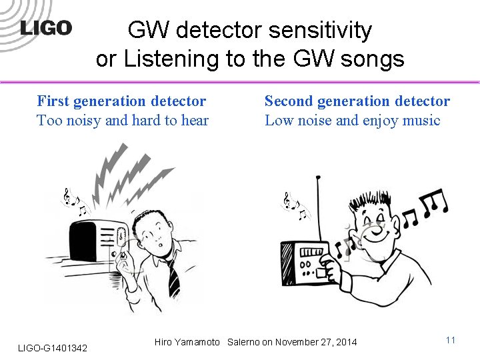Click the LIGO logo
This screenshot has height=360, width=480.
pos(46,28)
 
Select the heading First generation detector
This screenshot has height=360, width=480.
pos(121,101)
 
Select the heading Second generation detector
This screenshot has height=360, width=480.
pos(357,101)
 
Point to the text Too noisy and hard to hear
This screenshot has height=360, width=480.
pos(123,121)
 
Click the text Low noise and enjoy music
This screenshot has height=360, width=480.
pos(352,121)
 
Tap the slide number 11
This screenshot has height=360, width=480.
pos(450,340)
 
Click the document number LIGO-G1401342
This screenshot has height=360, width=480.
pos(52,348)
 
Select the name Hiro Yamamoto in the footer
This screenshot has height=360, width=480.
pos(187,342)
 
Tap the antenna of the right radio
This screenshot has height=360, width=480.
pos(319,207)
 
